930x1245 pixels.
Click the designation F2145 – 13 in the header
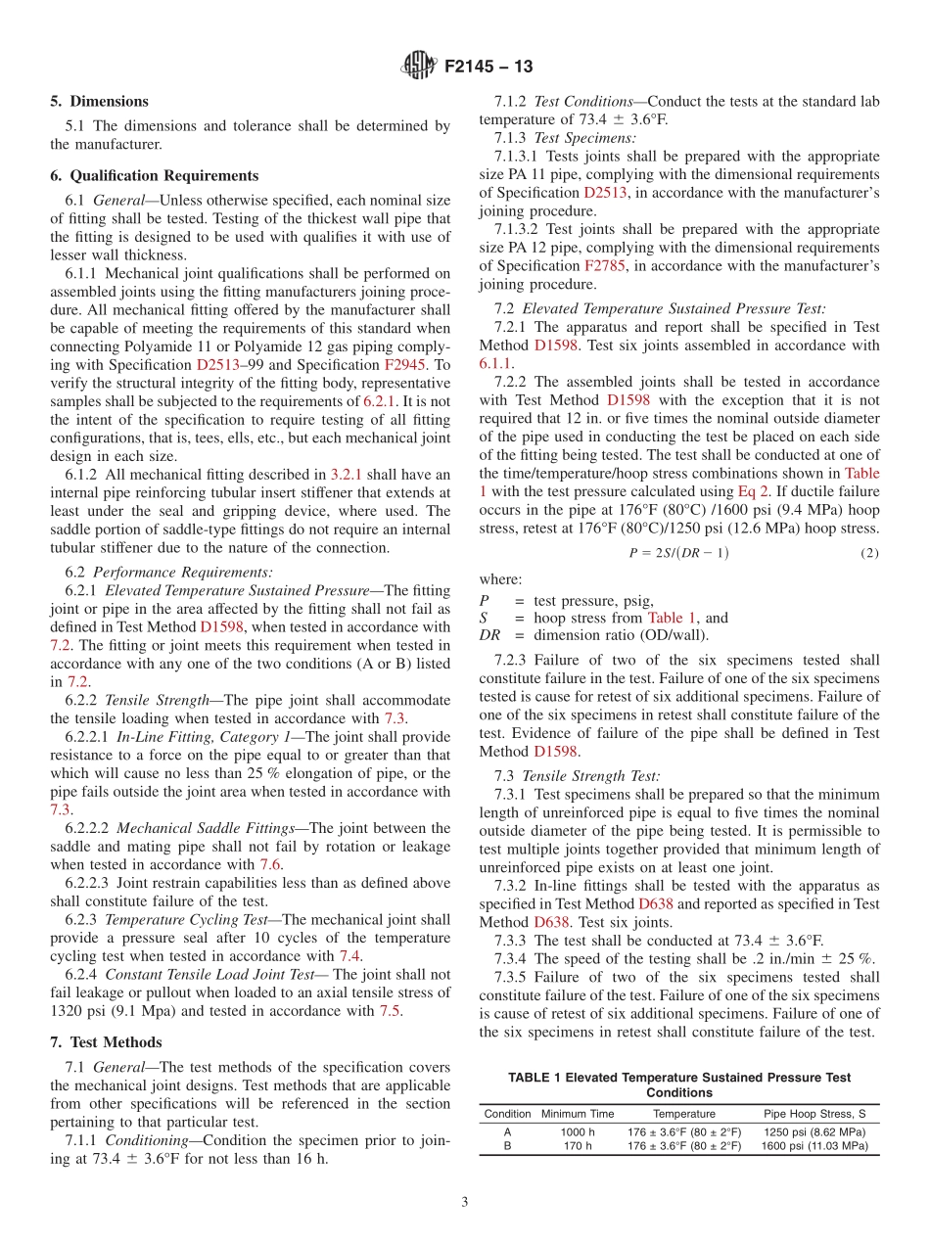click(x=488, y=68)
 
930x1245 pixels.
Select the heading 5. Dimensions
click(x=99, y=101)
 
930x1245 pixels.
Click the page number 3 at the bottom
click(x=465, y=1201)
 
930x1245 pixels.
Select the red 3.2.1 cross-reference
click(x=345, y=474)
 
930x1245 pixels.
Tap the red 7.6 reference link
click(x=270, y=864)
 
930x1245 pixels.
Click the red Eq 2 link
click(x=751, y=491)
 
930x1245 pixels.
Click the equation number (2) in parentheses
click(x=869, y=553)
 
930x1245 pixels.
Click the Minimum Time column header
click(x=578, y=1114)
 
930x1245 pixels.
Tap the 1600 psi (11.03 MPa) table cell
click(x=814, y=1146)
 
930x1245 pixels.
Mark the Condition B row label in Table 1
click(x=507, y=1146)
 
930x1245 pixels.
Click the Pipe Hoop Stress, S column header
click(x=814, y=1114)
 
